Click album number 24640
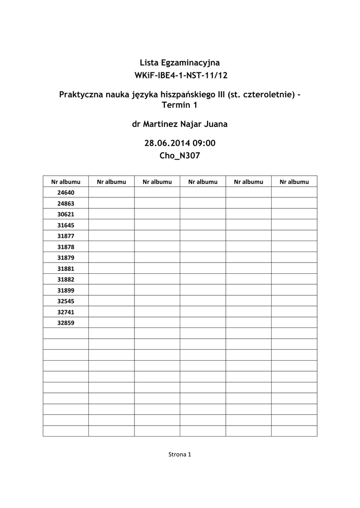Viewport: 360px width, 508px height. pos(66,192)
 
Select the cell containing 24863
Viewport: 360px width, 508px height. pos(66,203)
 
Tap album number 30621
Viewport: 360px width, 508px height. pos(66,214)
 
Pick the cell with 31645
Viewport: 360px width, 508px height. pos(66,225)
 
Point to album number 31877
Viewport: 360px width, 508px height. pos(66,236)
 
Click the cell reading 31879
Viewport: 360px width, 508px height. pos(66,258)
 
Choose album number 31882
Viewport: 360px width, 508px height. pos(66,280)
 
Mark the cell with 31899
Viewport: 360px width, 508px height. pos(66,291)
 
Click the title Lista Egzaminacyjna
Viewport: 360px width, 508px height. pos(180,63)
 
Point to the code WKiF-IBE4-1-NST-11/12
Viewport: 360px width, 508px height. pos(180,76)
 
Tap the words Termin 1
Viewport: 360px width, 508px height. pos(180,105)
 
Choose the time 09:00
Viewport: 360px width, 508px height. pos(204,143)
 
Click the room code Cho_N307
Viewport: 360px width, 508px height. pos(180,156)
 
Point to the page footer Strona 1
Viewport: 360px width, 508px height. pos(180,454)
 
